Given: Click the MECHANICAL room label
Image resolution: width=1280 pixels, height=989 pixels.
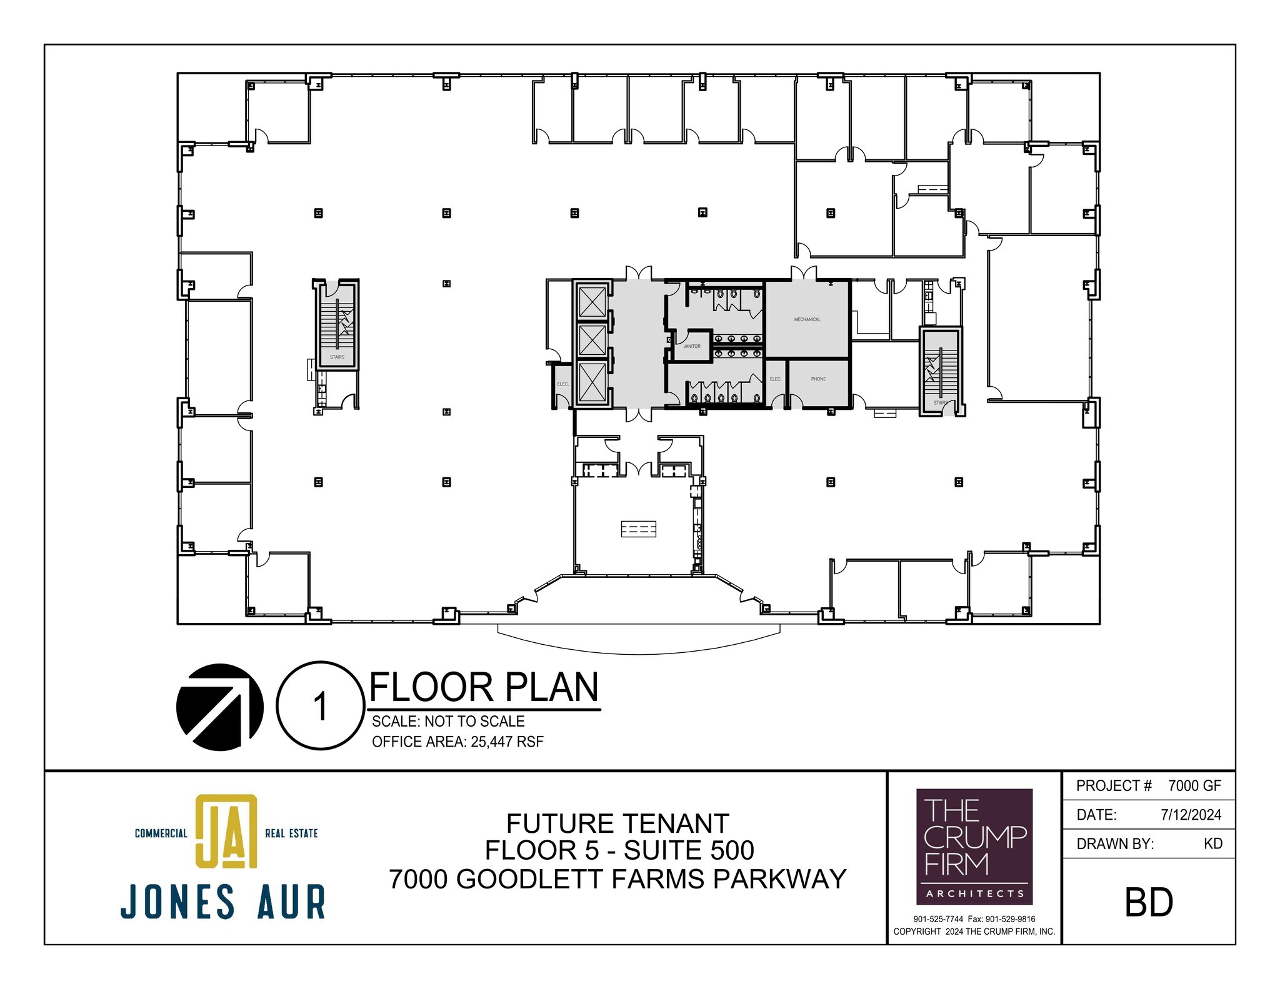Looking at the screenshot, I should [807, 319].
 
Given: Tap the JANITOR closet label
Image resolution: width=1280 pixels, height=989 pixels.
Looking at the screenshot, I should [691, 346].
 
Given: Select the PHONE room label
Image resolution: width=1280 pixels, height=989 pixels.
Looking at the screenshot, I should [818, 379].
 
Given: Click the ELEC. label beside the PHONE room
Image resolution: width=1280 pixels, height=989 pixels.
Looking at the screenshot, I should [775, 379].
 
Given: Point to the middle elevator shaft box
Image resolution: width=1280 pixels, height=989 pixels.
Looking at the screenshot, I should [592, 340].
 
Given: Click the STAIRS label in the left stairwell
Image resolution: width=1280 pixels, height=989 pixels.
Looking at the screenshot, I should [337, 357].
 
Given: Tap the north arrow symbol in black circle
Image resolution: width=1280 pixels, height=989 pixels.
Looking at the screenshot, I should [219, 707].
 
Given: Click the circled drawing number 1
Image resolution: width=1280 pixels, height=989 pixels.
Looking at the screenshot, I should [320, 706].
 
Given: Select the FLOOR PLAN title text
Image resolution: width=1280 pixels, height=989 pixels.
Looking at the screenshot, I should [484, 687].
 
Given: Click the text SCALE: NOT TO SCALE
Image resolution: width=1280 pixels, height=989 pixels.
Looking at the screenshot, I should [448, 722].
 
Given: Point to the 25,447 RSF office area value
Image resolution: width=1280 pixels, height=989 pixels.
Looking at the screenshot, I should [507, 742].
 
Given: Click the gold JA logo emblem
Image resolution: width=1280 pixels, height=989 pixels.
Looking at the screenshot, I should [226, 831].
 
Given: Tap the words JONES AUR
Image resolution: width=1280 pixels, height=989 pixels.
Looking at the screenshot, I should [223, 902].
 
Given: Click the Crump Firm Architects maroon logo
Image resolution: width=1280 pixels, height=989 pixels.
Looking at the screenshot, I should [974, 847].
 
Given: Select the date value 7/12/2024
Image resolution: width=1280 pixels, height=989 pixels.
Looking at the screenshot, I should [1191, 815].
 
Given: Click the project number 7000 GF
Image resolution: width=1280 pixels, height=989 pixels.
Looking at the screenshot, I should [1194, 786].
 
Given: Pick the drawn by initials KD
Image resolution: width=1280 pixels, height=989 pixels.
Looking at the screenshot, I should [1212, 843].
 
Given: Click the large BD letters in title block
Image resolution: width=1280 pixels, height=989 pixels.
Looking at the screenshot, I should [1149, 902].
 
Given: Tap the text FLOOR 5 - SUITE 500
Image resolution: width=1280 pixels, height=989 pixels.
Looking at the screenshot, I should [619, 851].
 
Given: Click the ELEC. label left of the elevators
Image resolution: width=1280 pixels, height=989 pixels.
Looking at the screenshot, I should [562, 384].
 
